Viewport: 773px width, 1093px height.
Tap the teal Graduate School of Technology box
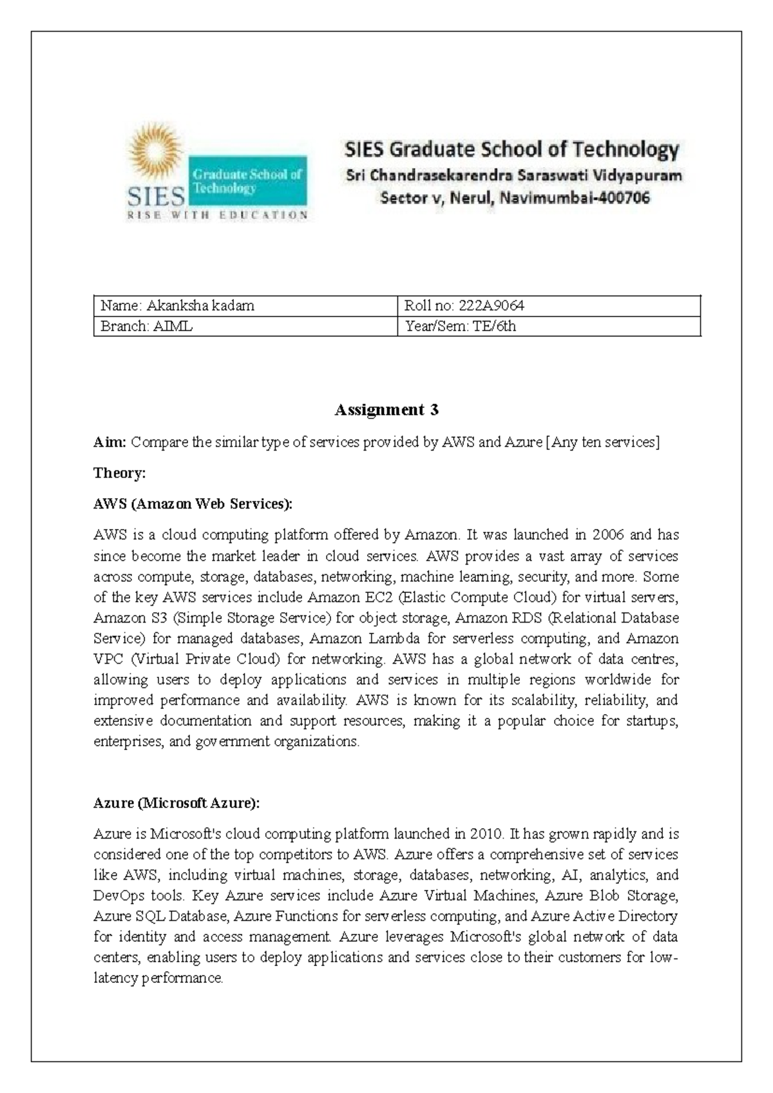247,181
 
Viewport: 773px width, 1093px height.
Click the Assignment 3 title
386,410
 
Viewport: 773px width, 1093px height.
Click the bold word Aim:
110,442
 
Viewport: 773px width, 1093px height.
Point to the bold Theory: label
120,473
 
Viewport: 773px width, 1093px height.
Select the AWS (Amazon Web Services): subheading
193,504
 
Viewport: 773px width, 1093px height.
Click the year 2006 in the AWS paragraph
608,535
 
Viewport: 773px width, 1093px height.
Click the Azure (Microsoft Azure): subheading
177,803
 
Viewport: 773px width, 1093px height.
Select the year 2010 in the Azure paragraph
485,834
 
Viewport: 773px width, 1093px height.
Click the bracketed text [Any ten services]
603,442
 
